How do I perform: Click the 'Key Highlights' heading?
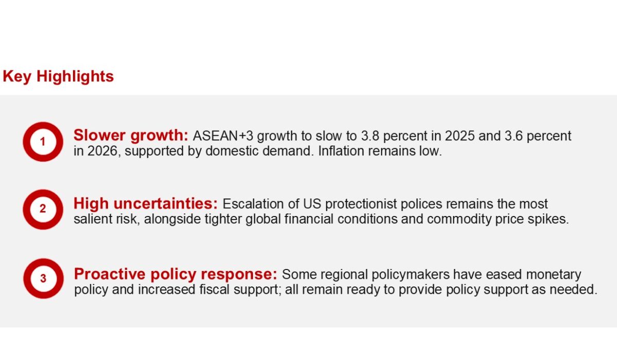pyautogui.click(x=58, y=76)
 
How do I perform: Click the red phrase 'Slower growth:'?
pyautogui.click(x=131, y=136)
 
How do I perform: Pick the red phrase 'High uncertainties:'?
pyautogui.click(x=146, y=204)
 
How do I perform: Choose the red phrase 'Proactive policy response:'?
pyautogui.click(x=175, y=274)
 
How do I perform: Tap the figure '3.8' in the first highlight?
pyautogui.click(x=370, y=136)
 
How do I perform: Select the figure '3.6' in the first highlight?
pyautogui.click(x=514, y=136)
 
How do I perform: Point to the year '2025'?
pyautogui.click(x=460, y=136)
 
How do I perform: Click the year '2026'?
pyautogui.click(x=102, y=151)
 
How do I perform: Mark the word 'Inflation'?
pyautogui.click(x=341, y=151)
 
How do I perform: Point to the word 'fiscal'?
pyautogui.click(x=214, y=290)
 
